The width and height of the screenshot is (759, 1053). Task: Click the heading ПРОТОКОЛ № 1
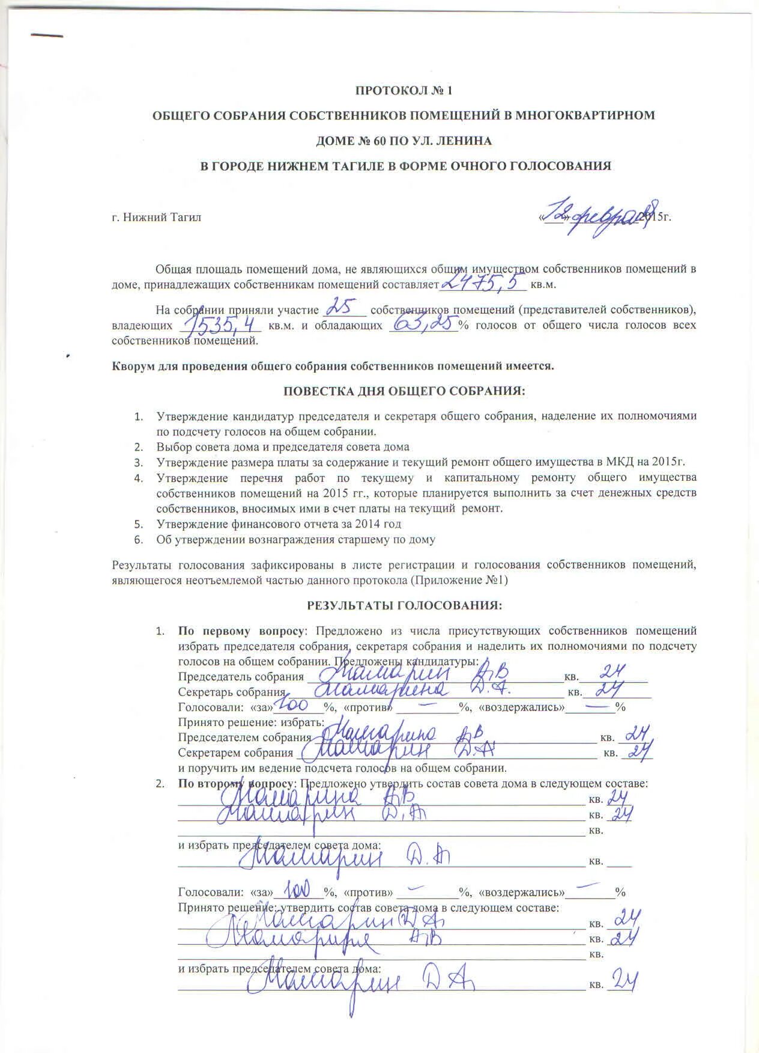click(403, 91)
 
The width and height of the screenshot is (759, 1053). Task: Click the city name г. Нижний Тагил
click(157, 218)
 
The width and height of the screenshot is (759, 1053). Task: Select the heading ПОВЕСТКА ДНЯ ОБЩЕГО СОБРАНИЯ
click(404, 391)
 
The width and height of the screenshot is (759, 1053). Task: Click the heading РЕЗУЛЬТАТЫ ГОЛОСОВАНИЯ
click(404, 605)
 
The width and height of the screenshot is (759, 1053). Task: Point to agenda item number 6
click(139, 540)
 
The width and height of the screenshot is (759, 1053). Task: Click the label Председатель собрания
click(240, 677)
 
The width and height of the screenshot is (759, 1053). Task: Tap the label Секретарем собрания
click(235, 753)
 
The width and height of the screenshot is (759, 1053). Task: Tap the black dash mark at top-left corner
click(46, 35)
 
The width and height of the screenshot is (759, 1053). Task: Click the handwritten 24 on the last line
click(622, 981)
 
